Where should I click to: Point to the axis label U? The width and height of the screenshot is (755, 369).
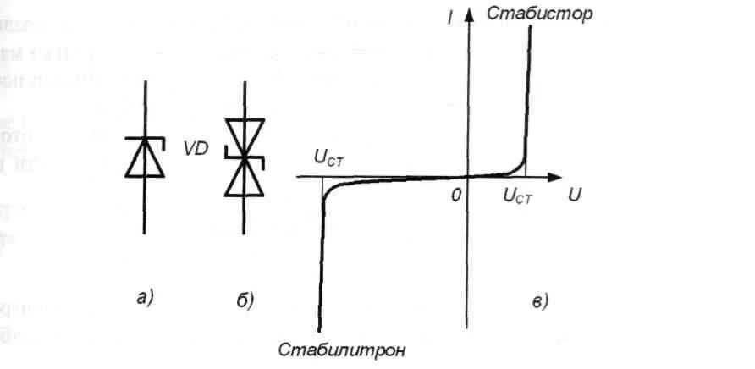click(x=575, y=195)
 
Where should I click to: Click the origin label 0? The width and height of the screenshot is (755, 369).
click(x=456, y=195)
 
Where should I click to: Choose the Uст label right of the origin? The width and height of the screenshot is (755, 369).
click(x=517, y=196)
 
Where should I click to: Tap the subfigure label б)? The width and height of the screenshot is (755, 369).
click(x=245, y=298)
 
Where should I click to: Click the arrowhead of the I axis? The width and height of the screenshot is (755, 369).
click(x=466, y=14)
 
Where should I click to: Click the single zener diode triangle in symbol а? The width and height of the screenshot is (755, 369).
click(x=146, y=160)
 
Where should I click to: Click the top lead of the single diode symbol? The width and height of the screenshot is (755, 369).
click(x=146, y=106)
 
